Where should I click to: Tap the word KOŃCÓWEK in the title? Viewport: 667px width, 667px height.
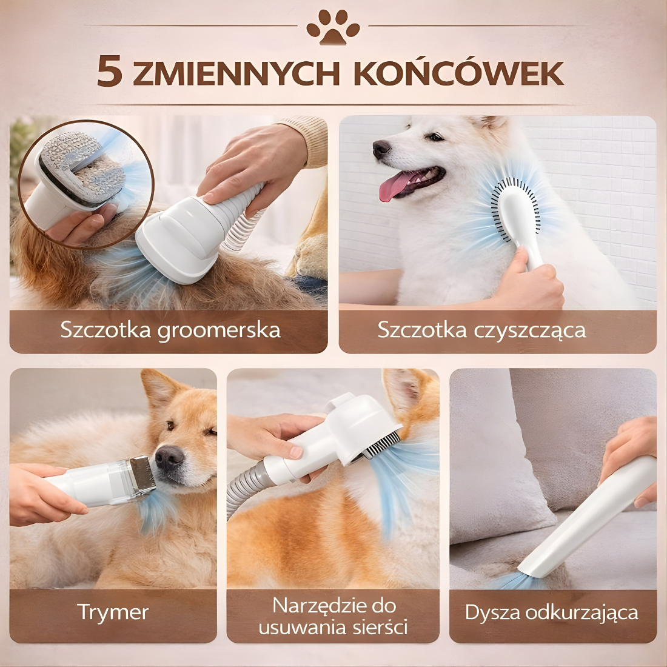tap(458, 72)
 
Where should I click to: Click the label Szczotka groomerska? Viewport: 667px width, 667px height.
tap(170, 330)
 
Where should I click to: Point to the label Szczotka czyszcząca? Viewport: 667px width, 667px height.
tap(481, 330)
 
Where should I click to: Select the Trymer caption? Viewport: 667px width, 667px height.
tap(113, 612)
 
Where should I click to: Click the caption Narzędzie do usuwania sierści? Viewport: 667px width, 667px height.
tap(333, 615)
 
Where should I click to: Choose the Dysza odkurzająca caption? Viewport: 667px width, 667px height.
tap(551, 612)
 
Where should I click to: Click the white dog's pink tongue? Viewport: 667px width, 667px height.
tap(392, 186)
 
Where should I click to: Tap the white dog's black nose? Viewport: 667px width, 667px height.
tap(381, 148)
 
